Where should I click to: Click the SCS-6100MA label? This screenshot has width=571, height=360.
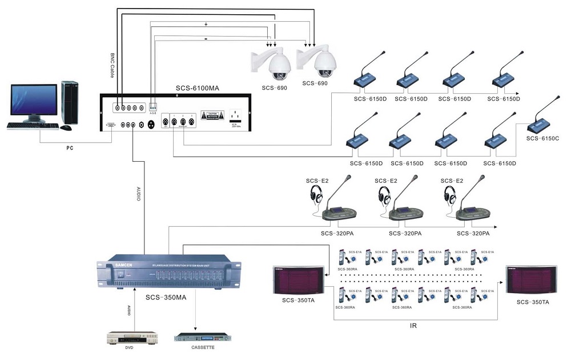click(x=197, y=89)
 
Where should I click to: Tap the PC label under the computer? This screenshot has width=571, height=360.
click(x=70, y=148)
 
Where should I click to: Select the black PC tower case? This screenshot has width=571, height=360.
click(x=71, y=102)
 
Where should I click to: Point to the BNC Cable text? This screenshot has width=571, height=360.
click(x=112, y=66)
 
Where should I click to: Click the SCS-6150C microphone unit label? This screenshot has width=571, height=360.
click(x=542, y=138)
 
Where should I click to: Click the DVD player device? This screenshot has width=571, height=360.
click(x=131, y=337)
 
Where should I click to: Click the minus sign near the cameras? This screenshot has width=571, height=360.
click(x=205, y=38)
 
